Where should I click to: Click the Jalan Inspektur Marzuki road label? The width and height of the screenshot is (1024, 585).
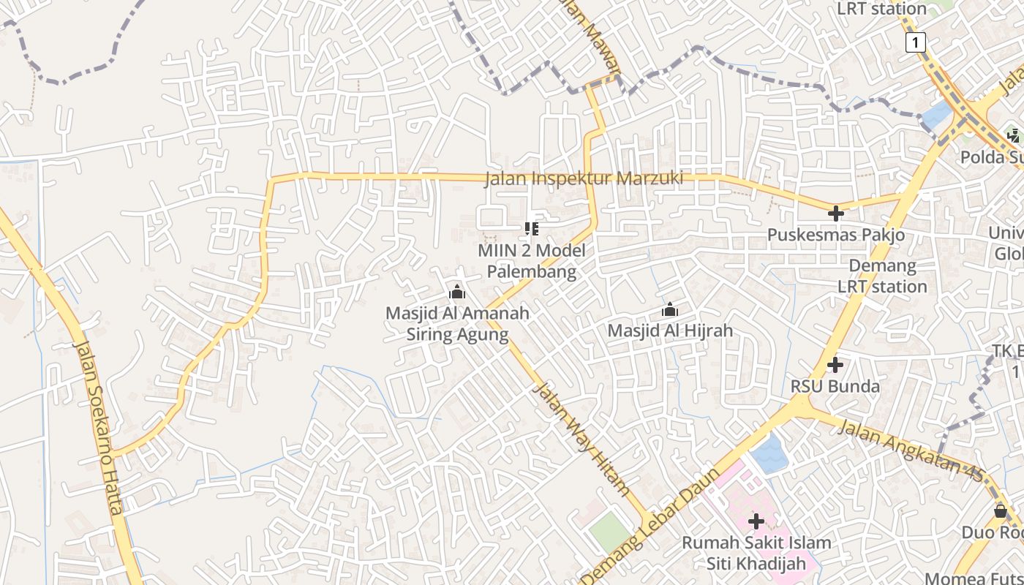pyautogui.click(x=584, y=178)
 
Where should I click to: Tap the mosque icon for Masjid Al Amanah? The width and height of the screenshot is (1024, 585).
pyautogui.click(x=457, y=293)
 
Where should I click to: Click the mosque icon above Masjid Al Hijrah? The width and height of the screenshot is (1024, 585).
pyautogui.click(x=669, y=310)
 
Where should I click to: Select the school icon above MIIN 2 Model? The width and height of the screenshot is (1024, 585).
pyautogui.click(x=532, y=229)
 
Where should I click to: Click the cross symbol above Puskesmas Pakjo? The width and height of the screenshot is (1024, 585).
pyautogui.click(x=835, y=214)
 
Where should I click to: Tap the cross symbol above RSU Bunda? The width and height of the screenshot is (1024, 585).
pyautogui.click(x=835, y=364)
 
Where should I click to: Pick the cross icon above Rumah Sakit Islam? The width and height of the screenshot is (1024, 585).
pyautogui.click(x=756, y=521)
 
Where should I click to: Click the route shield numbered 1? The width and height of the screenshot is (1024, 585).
pyautogui.click(x=915, y=42)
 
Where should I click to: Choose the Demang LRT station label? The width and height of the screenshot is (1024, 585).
pyautogui.click(x=883, y=276)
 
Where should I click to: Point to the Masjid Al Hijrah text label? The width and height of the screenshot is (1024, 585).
pyautogui.click(x=670, y=331)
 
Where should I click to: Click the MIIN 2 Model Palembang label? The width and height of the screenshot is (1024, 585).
pyautogui.click(x=532, y=261)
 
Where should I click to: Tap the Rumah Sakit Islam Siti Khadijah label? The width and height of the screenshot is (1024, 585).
pyautogui.click(x=756, y=553)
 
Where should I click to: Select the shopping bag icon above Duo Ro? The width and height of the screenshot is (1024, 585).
pyautogui.click(x=1000, y=511)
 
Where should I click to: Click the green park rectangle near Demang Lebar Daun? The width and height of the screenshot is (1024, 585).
pyautogui.click(x=610, y=532)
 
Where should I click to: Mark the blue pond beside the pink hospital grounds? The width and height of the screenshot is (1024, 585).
pyautogui.click(x=769, y=452)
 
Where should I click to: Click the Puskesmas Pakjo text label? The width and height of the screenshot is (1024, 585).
pyautogui.click(x=835, y=235)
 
